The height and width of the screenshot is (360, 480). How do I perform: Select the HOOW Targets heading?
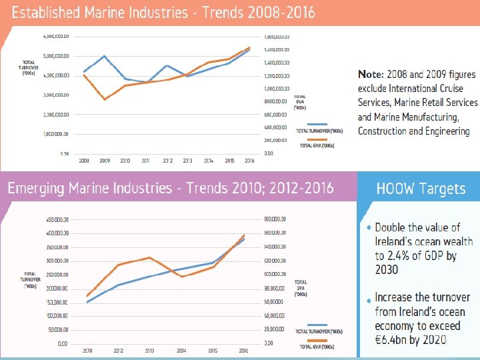click(x=421, y=189)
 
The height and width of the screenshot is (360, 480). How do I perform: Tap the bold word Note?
click(x=371, y=73)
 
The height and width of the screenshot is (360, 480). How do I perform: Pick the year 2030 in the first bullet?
click(x=386, y=269)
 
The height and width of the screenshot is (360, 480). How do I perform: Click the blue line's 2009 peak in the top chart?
click(x=105, y=56)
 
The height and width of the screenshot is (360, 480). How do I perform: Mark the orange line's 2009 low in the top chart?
click(x=105, y=99)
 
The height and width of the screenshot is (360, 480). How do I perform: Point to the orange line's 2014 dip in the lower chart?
click(x=182, y=277)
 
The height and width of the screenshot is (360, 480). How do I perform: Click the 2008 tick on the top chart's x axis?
click(x=84, y=161)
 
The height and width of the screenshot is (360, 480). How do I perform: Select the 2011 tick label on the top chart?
click(x=147, y=161)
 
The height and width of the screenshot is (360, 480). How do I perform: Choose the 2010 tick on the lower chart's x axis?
click(x=87, y=350)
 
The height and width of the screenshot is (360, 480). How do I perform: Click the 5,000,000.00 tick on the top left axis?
click(x=56, y=56)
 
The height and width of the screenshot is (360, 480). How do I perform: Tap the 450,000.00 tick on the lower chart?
click(x=56, y=219)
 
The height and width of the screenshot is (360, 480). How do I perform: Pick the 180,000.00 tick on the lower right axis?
click(x=275, y=219)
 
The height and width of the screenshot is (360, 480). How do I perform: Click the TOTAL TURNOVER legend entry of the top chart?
click(x=319, y=131)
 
